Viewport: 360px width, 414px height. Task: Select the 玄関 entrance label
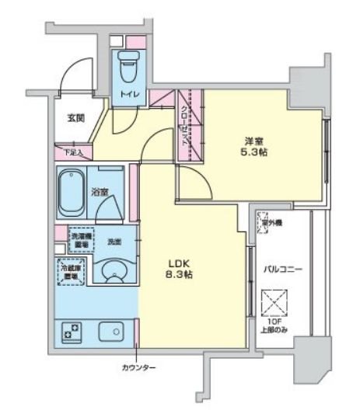75,117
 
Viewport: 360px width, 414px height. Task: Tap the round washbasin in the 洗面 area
114,273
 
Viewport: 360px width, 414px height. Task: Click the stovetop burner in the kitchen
72,332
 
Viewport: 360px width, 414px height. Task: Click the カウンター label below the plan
138,367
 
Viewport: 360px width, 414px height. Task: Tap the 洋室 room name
253,140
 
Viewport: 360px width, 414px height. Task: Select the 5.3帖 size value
253,153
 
